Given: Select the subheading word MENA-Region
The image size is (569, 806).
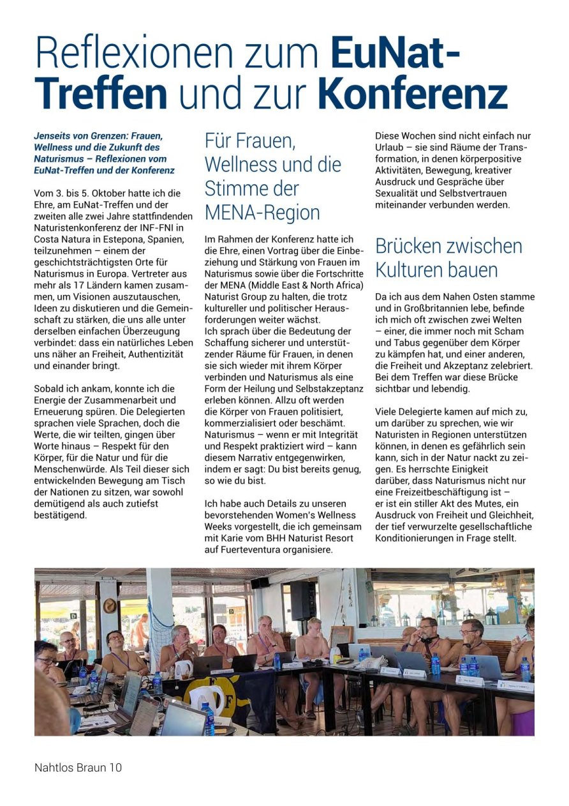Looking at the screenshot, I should tap(262, 212).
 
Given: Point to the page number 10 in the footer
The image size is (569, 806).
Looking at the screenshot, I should tap(115, 767).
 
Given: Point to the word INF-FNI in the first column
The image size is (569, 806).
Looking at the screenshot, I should tap(168, 227).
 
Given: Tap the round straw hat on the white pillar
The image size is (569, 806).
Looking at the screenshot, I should tap(110, 605).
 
